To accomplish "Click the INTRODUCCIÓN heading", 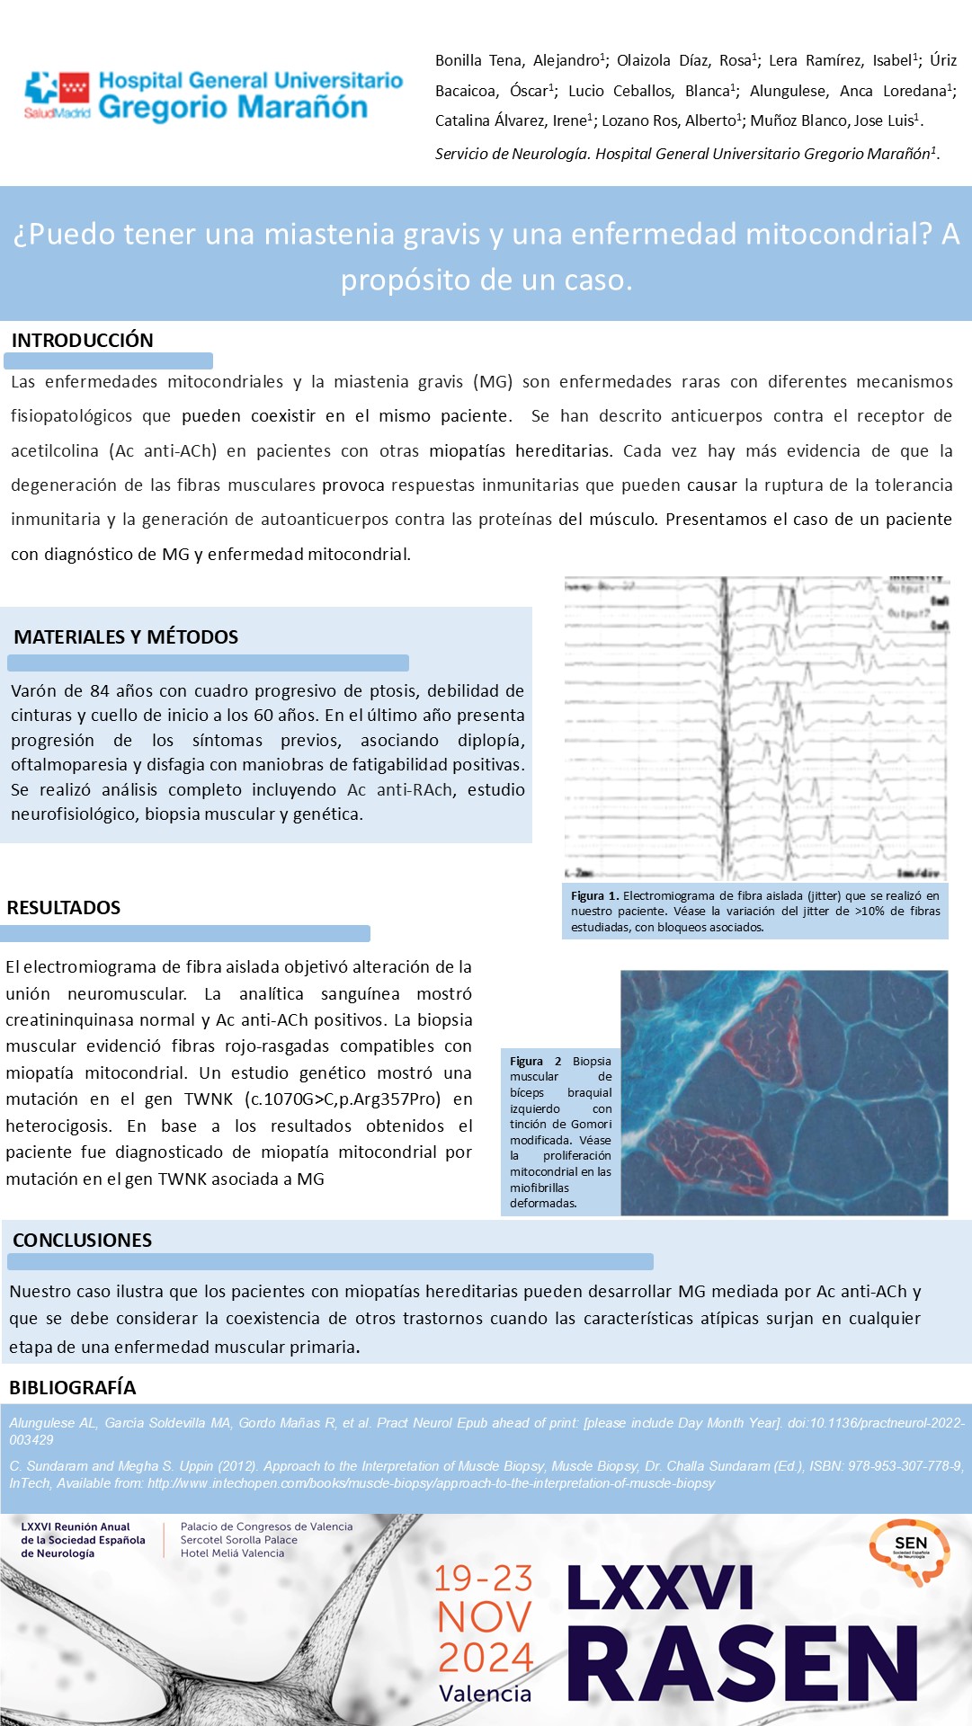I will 82,341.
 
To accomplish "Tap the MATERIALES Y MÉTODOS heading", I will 126,637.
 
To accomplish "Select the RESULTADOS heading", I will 64,908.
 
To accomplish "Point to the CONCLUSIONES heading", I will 82,1241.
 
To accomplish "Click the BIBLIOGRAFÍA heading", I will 72,1388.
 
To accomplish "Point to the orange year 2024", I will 486,1657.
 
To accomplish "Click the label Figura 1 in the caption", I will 594,896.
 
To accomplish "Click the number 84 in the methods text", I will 99,691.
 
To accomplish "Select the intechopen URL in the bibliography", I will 432,1483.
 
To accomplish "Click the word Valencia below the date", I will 485,1695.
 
